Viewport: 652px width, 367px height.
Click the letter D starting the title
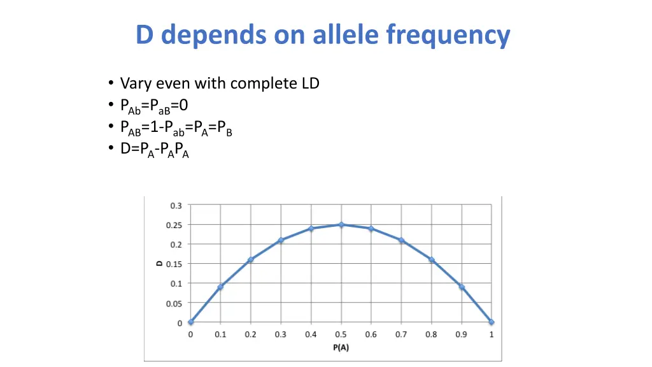145,35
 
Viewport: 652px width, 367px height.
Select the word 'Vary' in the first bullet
134,83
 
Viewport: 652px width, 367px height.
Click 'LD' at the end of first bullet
310,83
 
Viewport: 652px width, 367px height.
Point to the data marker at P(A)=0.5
341,224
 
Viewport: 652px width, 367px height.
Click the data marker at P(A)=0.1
220,287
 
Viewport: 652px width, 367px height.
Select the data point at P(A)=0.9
462,287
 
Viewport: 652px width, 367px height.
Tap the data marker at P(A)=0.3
281,240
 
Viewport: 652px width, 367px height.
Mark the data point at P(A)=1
492,322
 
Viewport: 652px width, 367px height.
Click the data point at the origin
190,322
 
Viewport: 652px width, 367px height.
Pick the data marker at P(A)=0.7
401,240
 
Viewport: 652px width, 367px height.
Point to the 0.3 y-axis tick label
176,205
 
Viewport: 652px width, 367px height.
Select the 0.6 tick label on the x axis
371,335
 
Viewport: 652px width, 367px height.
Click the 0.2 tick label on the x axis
250,335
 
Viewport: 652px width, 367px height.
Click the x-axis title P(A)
341,347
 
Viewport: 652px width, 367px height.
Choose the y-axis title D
160,264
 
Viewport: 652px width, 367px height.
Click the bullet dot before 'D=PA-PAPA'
111,150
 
